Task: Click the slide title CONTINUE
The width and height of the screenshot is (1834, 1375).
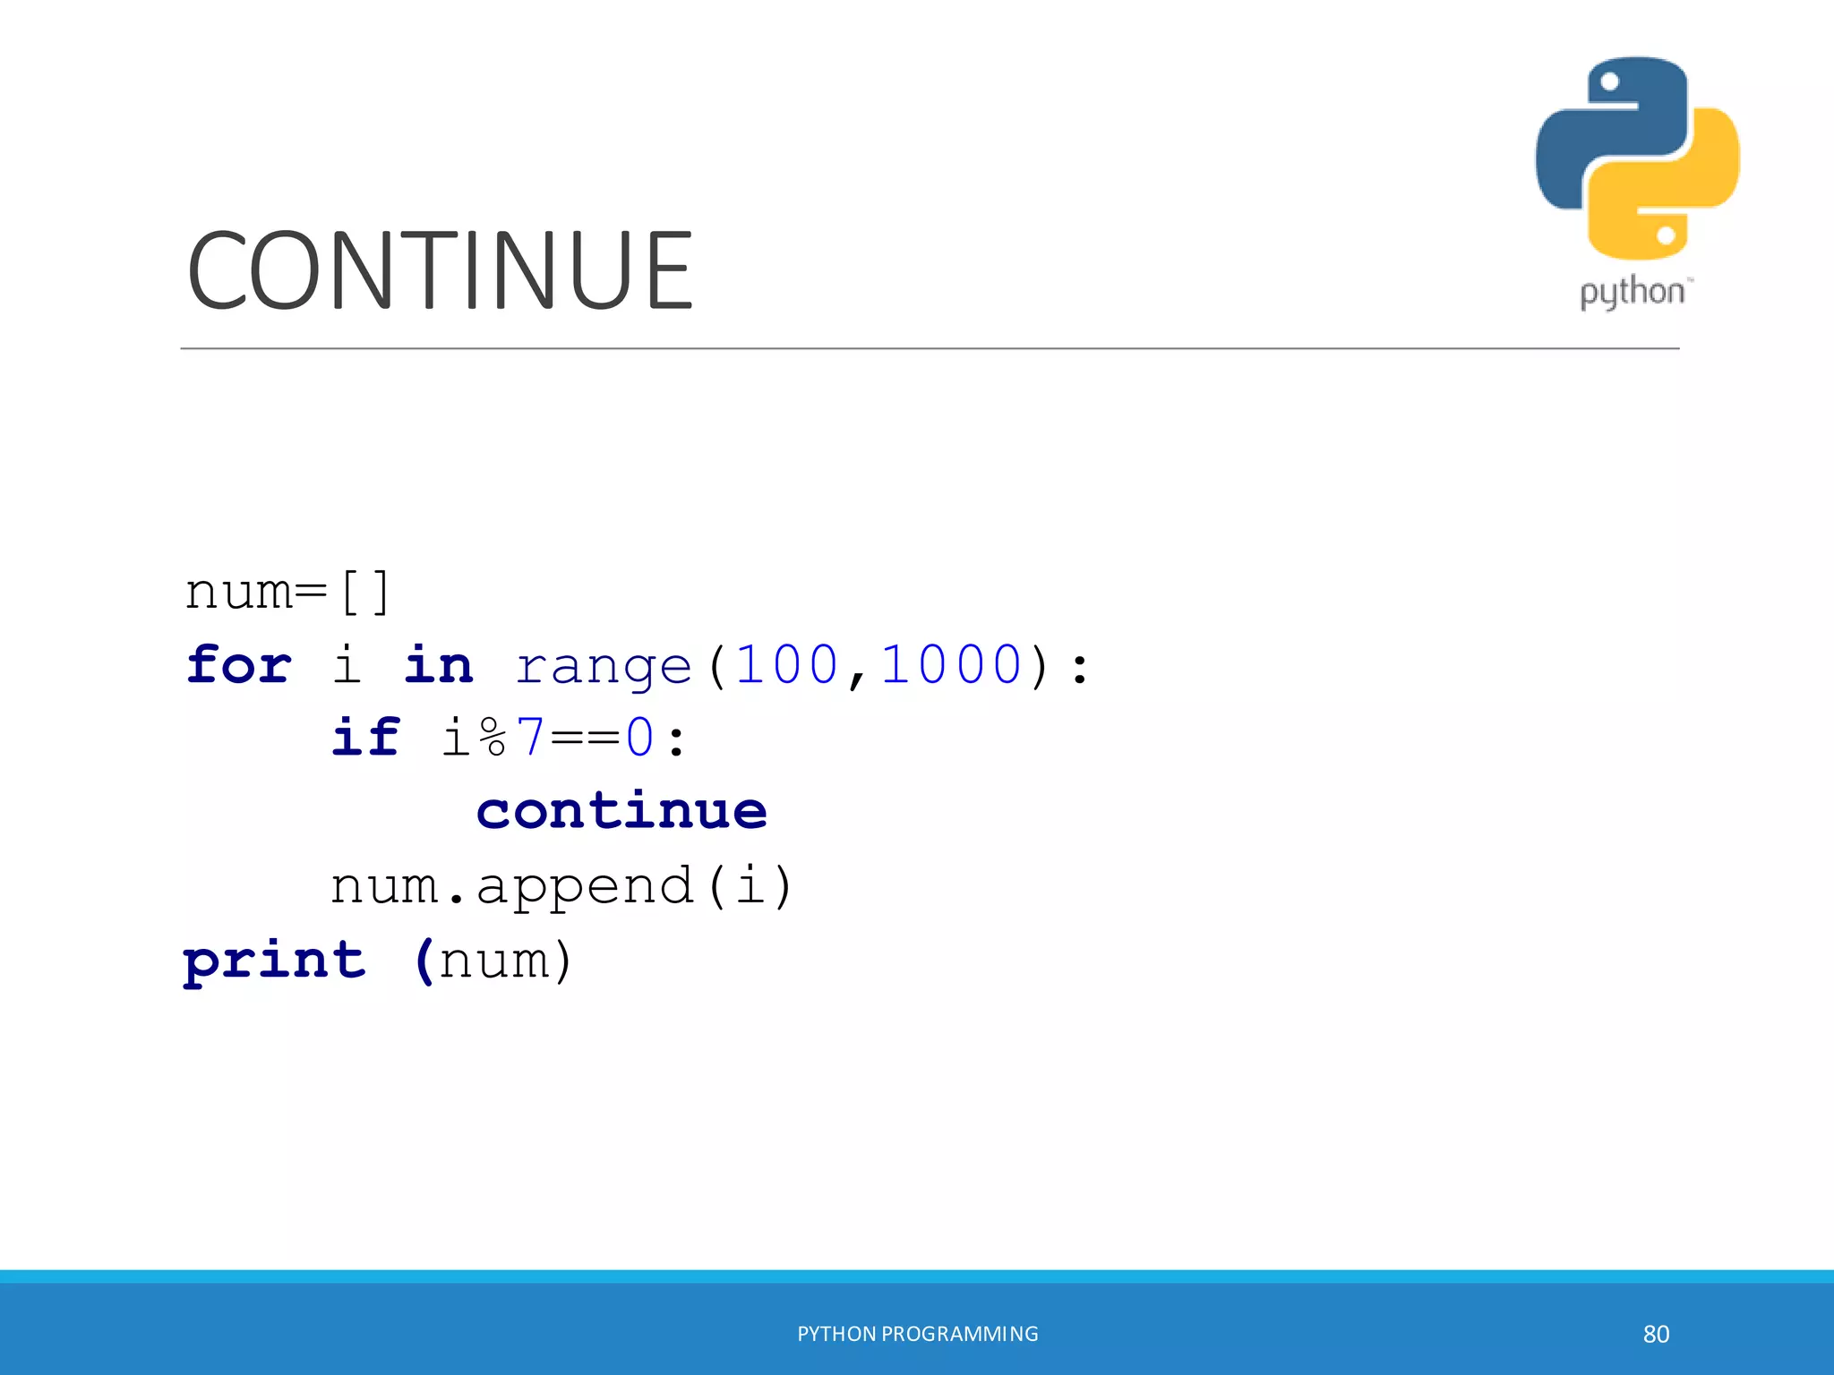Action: click(440, 270)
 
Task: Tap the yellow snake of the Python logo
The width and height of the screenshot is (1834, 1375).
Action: click(1684, 197)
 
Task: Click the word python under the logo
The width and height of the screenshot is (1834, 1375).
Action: click(1633, 293)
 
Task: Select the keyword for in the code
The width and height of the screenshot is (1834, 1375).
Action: click(239, 665)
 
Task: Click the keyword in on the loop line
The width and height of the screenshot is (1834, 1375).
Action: click(438, 665)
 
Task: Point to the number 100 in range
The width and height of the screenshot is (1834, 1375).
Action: click(786, 665)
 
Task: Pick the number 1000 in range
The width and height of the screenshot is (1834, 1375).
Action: click(950, 665)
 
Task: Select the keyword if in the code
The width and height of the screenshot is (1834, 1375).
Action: click(365, 739)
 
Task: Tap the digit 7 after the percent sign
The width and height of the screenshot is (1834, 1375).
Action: click(530, 739)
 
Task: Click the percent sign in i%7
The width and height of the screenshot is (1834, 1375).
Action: click(493, 739)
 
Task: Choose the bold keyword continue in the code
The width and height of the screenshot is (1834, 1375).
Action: click(621, 811)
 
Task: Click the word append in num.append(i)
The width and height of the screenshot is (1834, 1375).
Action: click(585, 886)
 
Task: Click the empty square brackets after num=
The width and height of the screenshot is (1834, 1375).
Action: click(365, 592)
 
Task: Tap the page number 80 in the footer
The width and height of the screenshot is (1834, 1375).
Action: click(1656, 1334)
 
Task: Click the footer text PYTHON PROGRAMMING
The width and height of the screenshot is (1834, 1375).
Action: click(917, 1334)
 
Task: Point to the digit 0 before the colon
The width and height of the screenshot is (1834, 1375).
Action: click(639, 739)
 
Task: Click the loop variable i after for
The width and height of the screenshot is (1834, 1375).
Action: click(347, 665)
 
